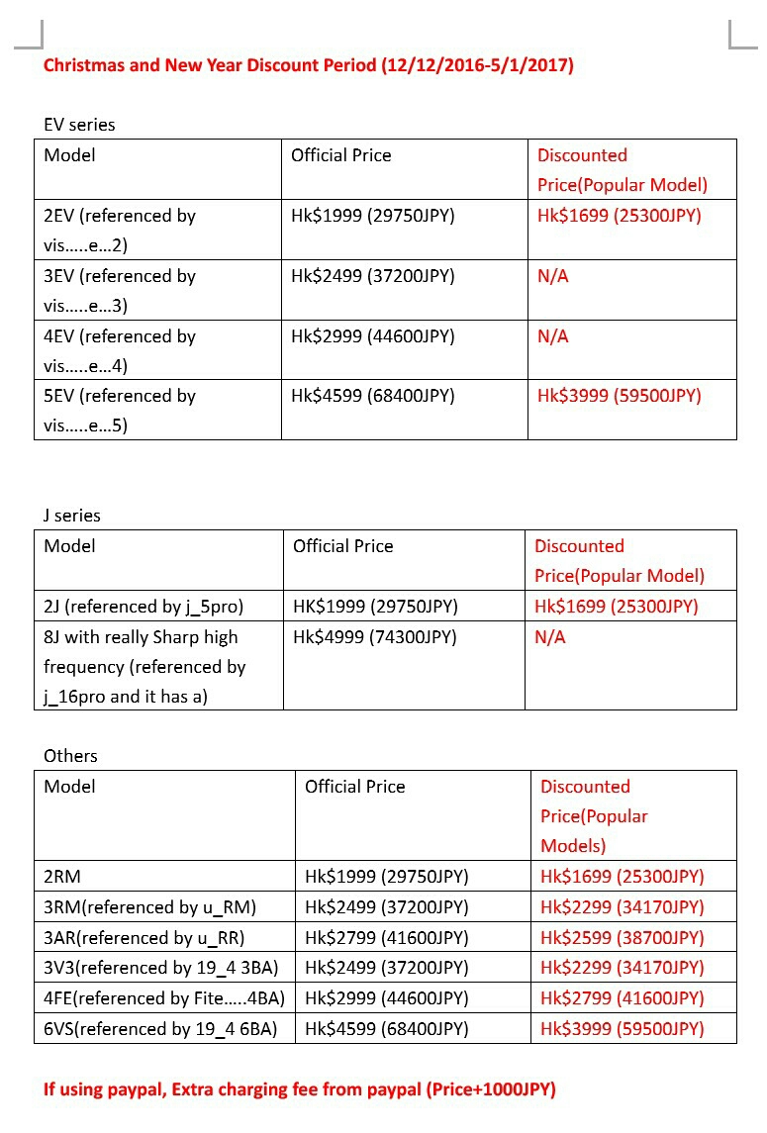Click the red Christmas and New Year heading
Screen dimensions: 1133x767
pyautogui.click(x=308, y=65)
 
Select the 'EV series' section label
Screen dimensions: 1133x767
pyautogui.click(x=79, y=125)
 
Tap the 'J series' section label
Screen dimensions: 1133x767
pyautogui.click(x=72, y=516)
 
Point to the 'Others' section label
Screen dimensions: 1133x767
pyautogui.click(x=70, y=756)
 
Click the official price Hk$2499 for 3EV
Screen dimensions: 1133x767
pyautogui.click(x=372, y=276)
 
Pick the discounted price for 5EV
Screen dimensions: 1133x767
pyautogui.click(x=619, y=396)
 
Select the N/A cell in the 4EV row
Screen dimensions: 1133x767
pyautogui.click(x=553, y=336)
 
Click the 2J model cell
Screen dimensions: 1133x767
pyautogui.click(x=144, y=607)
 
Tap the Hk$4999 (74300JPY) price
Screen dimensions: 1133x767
pyautogui.click(x=375, y=637)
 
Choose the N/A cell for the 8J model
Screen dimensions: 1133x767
pyautogui.click(x=550, y=637)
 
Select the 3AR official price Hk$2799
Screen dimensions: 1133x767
pyautogui.click(x=386, y=937)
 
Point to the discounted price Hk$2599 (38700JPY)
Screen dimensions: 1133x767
pyautogui.click(x=622, y=937)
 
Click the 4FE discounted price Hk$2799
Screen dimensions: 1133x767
pyautogui.click(x=622, y=997)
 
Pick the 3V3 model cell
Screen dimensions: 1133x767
pyautogui.click(x=161, y=967)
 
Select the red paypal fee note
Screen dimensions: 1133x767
pyautogui.click(x=300, y=1089)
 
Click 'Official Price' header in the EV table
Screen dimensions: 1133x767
pyautogui.click(x=340, y=155)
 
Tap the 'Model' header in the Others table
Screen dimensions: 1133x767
pyautogui.click(x=70, y=787)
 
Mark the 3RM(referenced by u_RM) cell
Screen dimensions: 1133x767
pyautogui.click(x=150, y=906)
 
